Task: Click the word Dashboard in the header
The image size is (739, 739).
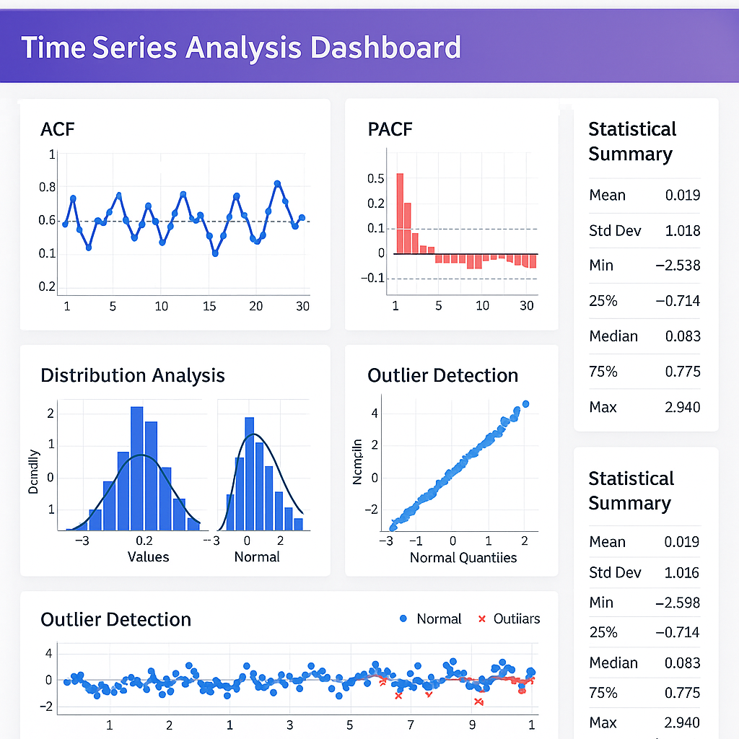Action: [385, 48]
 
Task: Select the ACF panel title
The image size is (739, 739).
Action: [58, 129]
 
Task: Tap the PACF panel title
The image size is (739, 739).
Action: [390, 129]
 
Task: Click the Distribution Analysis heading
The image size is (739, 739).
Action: [133, 375]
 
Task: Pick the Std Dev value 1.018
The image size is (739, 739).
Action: [683, 231]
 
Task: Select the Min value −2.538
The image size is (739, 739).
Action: [678, 266]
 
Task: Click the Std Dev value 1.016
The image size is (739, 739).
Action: [683, 573]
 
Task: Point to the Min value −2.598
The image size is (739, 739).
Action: [678, 603]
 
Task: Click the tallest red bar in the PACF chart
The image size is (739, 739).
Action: [400, 213]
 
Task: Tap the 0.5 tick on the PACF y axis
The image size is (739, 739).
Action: [376, 178]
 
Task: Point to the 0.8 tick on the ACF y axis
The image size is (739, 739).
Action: [47, 188]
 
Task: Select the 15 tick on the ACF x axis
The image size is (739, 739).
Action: [209, 306]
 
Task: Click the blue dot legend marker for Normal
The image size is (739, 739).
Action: [403, 618]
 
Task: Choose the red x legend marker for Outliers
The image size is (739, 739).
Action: [482, 618]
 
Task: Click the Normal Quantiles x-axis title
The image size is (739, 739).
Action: [463, 557]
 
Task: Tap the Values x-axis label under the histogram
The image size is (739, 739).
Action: [148, 556]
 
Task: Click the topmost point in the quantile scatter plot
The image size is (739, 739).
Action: [525, 404]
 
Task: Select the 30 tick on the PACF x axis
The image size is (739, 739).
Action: [527, 305]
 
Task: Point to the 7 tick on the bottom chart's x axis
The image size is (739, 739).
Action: [411, 725]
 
